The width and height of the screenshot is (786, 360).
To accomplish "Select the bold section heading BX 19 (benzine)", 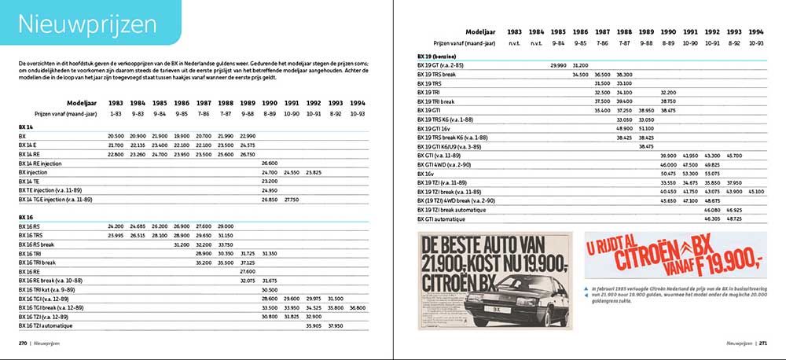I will pyautogui.click(x=440, y=56).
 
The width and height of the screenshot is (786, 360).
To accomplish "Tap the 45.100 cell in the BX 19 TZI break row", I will pyautogui.click(x=756, y=191).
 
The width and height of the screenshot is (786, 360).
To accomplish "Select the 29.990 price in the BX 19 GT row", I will pyautogui.click(x=558, y=64).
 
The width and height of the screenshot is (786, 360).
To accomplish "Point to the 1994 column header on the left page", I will pyautogui.click(x=358, y=102).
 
